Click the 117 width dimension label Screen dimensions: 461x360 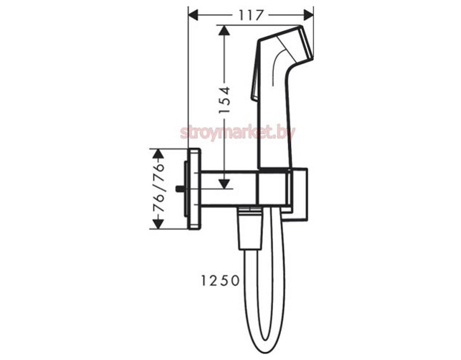[x=250, y=15]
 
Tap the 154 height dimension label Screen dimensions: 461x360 [x=225, y=100]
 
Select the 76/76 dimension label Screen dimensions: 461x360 [x=159, y=189]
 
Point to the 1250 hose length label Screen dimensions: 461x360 [x=220, y=281]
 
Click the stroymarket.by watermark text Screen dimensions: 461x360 [x=238, y=132]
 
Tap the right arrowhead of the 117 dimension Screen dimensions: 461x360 [x=308, y=14]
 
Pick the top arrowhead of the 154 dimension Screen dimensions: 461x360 [x=224, y=31]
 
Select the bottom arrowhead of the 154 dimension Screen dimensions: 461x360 [x=224, y=183]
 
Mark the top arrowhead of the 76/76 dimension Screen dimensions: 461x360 [x=158, y=154]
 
